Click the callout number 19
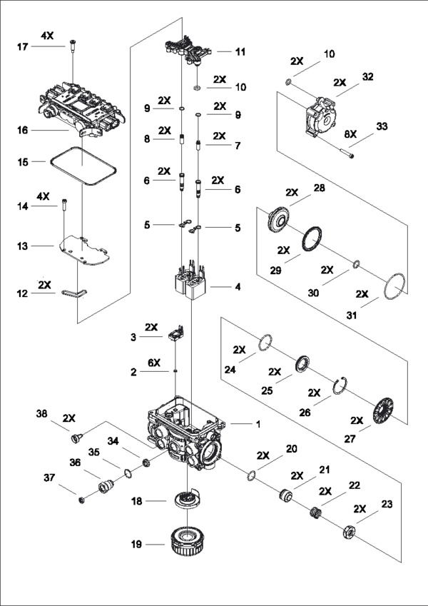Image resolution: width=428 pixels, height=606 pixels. [x=136, y=544]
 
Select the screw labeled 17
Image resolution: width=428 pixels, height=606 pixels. [x=72, y=45]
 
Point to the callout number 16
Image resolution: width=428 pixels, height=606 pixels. [x=22, y=130]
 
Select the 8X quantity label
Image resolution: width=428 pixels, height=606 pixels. [x=350, y=133]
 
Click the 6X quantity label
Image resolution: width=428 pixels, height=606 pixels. [x=154, y=363]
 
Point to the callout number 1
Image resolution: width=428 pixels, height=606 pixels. [x=258, y=424]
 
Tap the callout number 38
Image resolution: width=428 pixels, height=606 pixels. [x=41, y=413]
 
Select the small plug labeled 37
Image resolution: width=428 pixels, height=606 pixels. [x=81, y=500]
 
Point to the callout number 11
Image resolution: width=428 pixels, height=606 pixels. [x=240, y=51]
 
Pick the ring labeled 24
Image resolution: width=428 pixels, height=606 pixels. [x=265, y=343]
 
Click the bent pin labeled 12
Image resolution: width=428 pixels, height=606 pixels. [x=75, y=293]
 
